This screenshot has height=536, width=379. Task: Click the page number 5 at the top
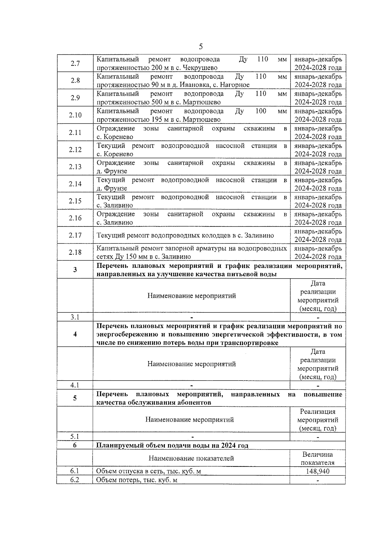pyautogui.click(x=201, y=47)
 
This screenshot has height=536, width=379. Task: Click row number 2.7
pyautogui.click(x=75, y=63)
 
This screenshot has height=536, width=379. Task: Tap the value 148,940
pyautogui.click(x=317, y=471)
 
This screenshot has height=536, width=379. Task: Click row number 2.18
pyautogui.click(x=75, y=252)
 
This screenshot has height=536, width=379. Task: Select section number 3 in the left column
pyautogui.click(x=75, y=270)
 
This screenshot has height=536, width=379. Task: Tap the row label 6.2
pyautogui.click(x=75, y=480)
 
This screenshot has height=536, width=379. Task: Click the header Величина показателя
pyautogui.click(x=317, y=459)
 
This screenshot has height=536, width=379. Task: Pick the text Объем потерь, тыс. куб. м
pyautogui.click(x=136, y=480)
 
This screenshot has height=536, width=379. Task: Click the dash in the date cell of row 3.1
pyautogui.click(x=318, y=317)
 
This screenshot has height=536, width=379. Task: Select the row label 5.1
pyautogui.click(x=75, y=437)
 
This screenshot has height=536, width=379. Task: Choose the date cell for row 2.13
pyautogui.click(x=318, y=167)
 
